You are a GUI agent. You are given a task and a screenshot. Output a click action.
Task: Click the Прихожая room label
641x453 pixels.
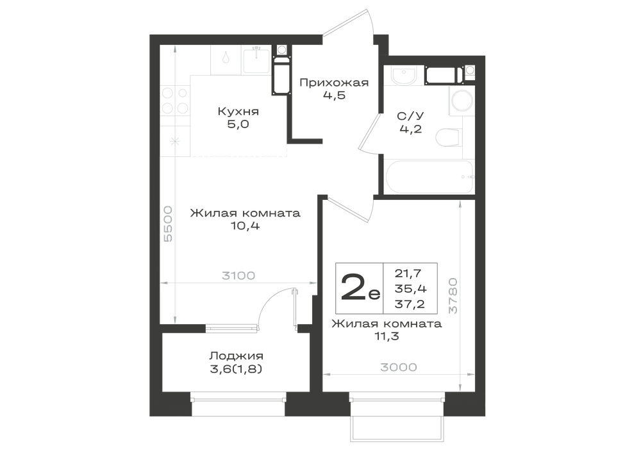coord(334,83)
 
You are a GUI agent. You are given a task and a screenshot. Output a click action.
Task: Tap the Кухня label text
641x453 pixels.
coord(238,111)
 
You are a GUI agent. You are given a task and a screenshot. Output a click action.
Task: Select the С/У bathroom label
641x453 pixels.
coord(410,116)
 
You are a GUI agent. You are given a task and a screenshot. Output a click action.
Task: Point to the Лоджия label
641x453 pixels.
coord(237,356)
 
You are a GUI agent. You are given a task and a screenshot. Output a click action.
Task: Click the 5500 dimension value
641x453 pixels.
coord(168,224)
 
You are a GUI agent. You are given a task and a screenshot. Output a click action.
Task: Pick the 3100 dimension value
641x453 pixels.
coord(238,276)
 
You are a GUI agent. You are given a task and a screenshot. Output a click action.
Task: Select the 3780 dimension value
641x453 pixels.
coord(453,296)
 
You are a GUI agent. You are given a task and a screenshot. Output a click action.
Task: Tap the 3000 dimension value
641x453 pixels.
coord(399,367)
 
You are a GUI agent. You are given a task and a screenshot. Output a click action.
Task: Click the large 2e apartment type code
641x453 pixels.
coord(360,288)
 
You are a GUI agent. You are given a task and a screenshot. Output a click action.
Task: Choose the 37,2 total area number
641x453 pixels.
coord(410,304)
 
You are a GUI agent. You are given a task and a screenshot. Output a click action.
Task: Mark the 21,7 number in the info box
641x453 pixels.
coord(408,273)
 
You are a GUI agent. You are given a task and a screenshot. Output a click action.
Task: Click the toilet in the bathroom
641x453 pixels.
coord(448,137)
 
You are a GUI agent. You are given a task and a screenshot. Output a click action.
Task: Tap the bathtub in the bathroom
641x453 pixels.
coord(429,177)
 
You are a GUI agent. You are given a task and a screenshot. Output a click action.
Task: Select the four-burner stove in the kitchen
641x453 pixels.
coord(175,101)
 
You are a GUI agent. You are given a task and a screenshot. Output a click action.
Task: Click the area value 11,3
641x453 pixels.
coord(387,336)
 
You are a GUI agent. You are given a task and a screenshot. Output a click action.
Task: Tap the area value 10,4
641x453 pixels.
coord(246,226)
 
